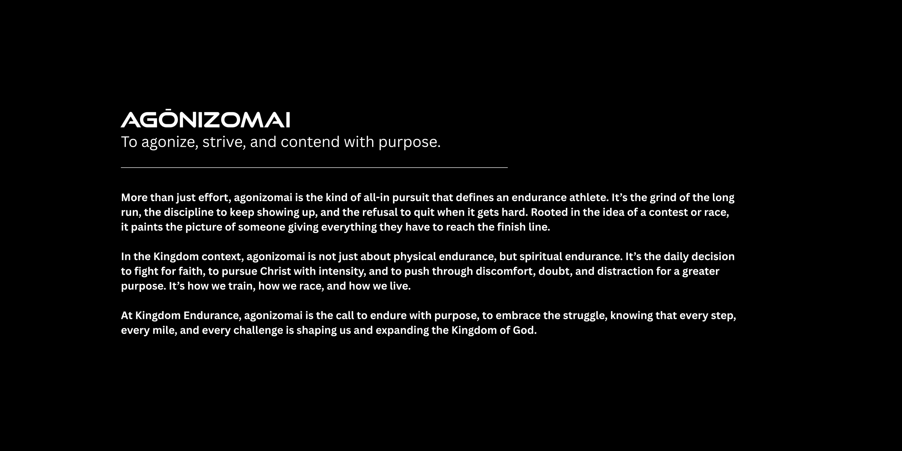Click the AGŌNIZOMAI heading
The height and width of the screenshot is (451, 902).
206,119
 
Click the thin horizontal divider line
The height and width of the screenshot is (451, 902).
314,168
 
